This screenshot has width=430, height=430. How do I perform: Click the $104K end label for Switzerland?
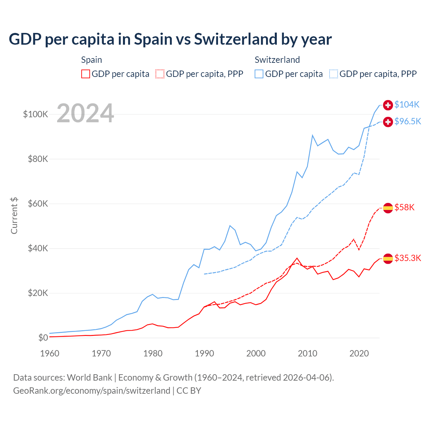407,105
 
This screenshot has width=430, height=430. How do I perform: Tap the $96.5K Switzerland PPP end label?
407,122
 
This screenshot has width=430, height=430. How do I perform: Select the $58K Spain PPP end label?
404,208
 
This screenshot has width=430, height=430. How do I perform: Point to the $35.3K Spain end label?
407,258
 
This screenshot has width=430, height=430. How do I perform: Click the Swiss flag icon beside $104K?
388,105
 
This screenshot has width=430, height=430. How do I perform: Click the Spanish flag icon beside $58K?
388,208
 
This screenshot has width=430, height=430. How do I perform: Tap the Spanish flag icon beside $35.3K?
388,258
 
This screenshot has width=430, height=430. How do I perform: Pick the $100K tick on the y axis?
36,114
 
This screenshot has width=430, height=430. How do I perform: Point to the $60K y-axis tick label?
38,204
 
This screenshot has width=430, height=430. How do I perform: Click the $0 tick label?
43,338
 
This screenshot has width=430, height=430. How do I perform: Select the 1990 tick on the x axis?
204,353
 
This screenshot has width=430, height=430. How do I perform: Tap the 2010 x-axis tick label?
307,353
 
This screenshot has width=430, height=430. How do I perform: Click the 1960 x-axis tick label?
50,353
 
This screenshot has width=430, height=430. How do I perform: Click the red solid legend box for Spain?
86,74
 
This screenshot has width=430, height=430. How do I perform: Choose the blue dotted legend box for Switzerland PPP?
334,74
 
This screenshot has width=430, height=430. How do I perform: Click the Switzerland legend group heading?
277,60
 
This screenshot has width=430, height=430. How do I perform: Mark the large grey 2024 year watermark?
85,114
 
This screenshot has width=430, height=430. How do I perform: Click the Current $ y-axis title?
14,216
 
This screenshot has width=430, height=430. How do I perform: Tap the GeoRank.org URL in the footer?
92,391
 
